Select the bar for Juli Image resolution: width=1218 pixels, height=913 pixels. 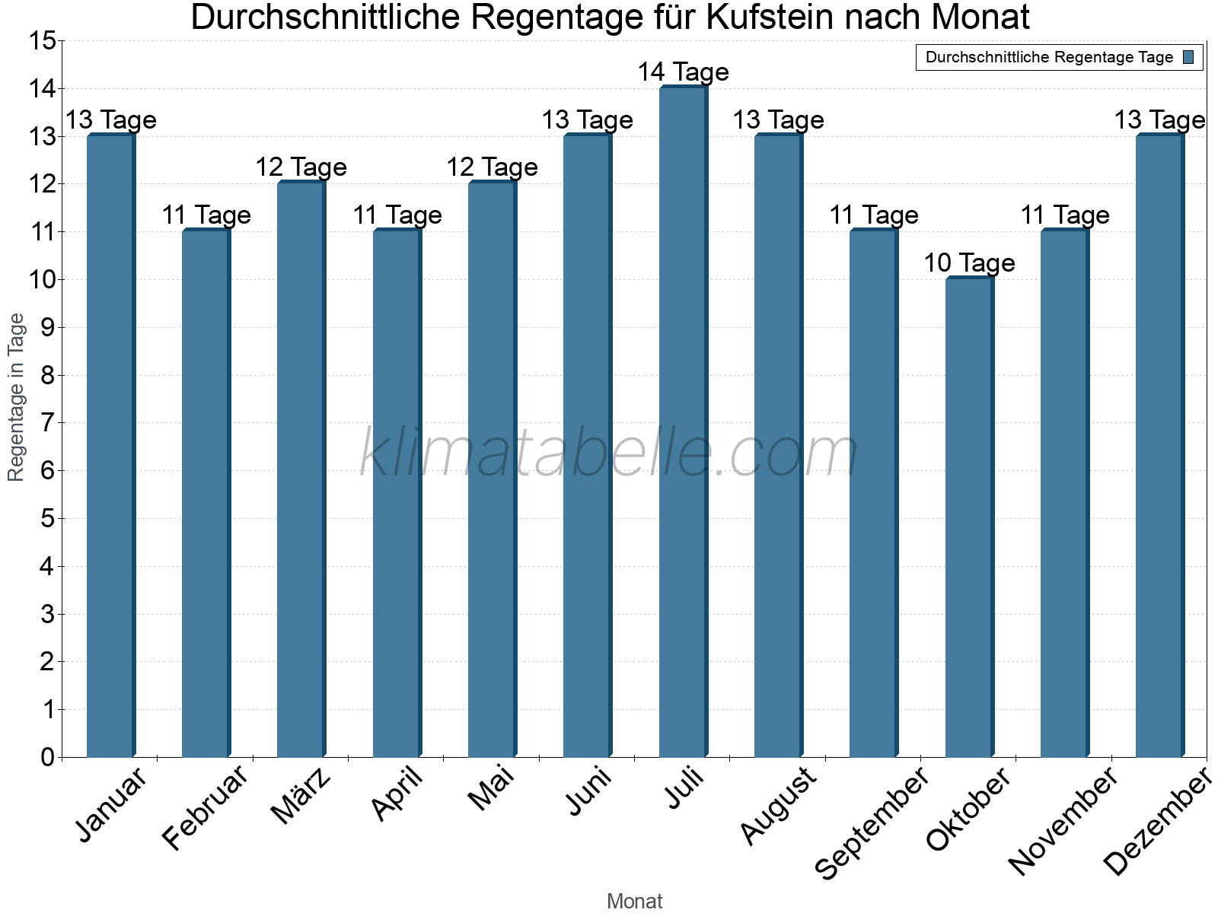tap(683, 422)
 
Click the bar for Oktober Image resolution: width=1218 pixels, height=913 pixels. tap(969, 517)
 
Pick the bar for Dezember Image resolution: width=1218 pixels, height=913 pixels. tap(1159, 445)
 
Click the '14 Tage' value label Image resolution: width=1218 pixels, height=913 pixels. tap(683, 72)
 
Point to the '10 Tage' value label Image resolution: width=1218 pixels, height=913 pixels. tap(969, 263)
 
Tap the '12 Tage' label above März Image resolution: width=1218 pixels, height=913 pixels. tap(301, 167)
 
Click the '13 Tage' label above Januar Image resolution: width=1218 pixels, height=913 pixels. tap(110, 120)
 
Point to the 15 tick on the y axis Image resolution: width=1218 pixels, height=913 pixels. tap(43, 41)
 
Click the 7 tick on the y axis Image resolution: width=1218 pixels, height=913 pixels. tap(48, 423)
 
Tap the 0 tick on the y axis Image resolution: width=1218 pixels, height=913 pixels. tap(48, 757)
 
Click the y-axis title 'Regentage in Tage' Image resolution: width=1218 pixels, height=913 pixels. tap(17, 397)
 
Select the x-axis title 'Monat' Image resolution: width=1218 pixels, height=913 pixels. tap(634, 901)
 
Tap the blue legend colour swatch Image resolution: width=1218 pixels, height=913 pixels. tap(1188, 57)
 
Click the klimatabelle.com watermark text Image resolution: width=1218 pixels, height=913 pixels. tap(609, 453)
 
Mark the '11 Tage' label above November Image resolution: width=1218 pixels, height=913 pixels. tap(1064, 215)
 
